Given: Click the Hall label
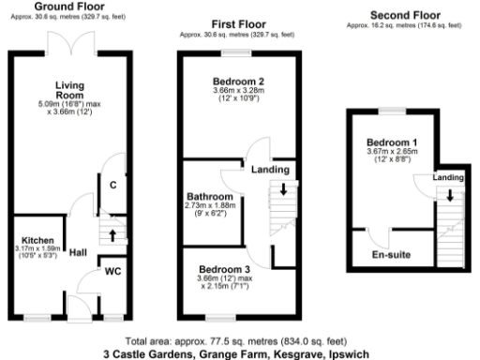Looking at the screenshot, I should [78, 253].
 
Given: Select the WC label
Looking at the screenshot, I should [112, 272].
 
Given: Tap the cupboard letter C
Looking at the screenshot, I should [112, 185].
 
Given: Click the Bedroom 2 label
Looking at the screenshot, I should [238, 82].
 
